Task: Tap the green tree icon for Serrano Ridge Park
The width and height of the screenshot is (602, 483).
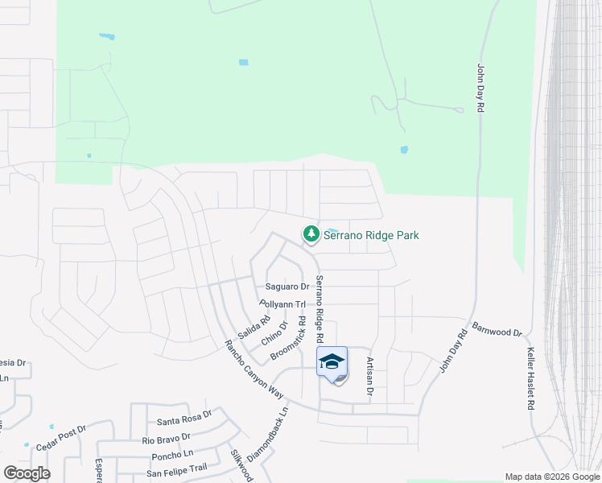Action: pos(311,234)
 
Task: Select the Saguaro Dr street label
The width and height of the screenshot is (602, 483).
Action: pos(287,287)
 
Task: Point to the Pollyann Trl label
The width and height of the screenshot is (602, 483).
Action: pos(282,304)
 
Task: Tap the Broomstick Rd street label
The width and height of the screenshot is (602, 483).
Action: pos(289,337)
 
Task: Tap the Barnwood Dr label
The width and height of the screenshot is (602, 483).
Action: pos(497,329)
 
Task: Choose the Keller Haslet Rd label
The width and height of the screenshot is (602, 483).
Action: pos(530,379)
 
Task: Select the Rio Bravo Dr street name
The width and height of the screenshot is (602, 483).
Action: pos(167,438)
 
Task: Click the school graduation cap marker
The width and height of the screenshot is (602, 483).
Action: pos(332,361)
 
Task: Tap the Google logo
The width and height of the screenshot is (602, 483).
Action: pos(27,473)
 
